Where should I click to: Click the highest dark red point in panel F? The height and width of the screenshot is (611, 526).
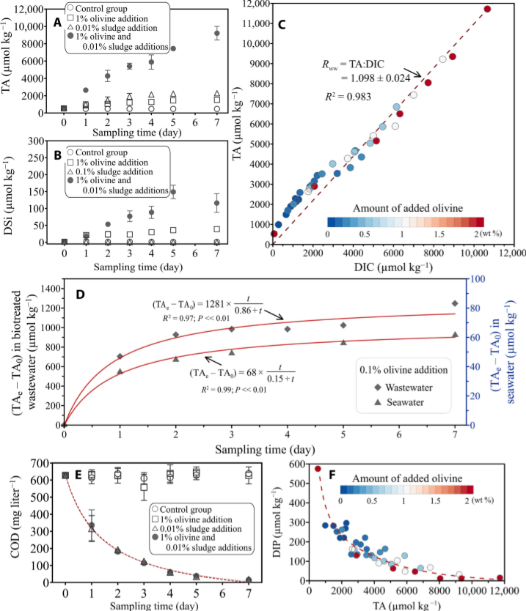(x=318, y=468)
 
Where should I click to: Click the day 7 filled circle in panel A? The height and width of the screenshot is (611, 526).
(x=216, y=33)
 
